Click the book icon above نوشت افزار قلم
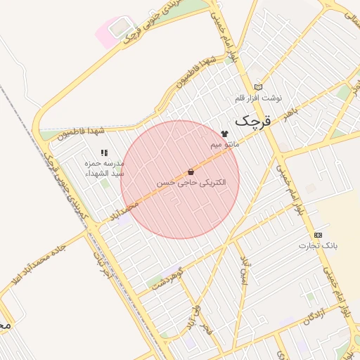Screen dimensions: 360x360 (258, 87)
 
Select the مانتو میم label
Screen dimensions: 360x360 (225, 144)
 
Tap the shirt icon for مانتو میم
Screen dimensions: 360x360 (225, 133)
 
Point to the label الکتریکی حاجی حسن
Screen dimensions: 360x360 (191, 182)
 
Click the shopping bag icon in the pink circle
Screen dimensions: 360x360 (191, 172)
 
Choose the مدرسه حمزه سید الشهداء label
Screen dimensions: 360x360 (104, 167)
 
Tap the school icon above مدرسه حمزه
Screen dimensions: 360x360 (104, 152)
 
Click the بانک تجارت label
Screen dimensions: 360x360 (319, 245)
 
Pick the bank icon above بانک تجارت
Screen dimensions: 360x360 (319, 234)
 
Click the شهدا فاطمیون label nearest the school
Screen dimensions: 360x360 (82, 131)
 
